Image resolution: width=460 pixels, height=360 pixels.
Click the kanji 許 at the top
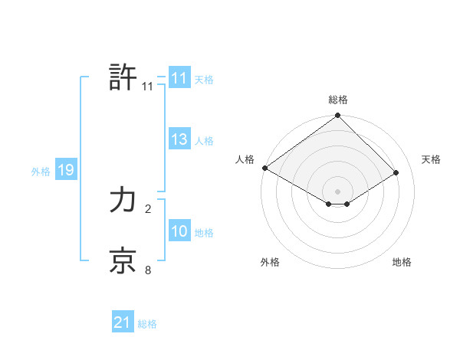(x=123, y=77)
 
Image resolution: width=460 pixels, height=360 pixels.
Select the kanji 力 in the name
(x=123, y=201)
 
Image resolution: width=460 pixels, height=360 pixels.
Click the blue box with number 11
(x=179, y=78)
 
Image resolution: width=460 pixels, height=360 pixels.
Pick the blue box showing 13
(x=179, y=139)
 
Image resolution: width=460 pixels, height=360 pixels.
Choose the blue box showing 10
(x=179, y=231)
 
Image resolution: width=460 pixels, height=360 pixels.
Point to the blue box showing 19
(x=65, y=170)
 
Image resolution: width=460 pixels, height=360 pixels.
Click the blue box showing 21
(x=122, y=323)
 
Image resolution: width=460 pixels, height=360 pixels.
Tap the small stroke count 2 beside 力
(x=148, y=208)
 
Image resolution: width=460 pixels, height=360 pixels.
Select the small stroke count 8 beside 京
(x=148, y=270)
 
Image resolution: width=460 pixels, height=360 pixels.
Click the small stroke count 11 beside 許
(x=148, y=87)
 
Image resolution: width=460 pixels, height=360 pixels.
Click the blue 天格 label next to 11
(x=204, y=79)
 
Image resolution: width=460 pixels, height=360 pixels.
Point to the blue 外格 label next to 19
(x=41, y=172)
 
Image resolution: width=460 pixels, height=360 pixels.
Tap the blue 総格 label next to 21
(x=147, y=324)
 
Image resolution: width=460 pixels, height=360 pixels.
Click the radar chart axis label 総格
(x=338, y=100)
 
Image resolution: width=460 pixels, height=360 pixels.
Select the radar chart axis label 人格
(x=245, y=159)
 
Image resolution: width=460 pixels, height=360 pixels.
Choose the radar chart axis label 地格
(x=402, y=262)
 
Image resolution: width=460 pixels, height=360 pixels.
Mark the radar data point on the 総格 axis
(x=338, y=116)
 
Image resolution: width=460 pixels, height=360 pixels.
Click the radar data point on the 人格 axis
(x=264, y=168)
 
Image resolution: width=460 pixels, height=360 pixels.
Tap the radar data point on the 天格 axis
(x=396, y=172)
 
